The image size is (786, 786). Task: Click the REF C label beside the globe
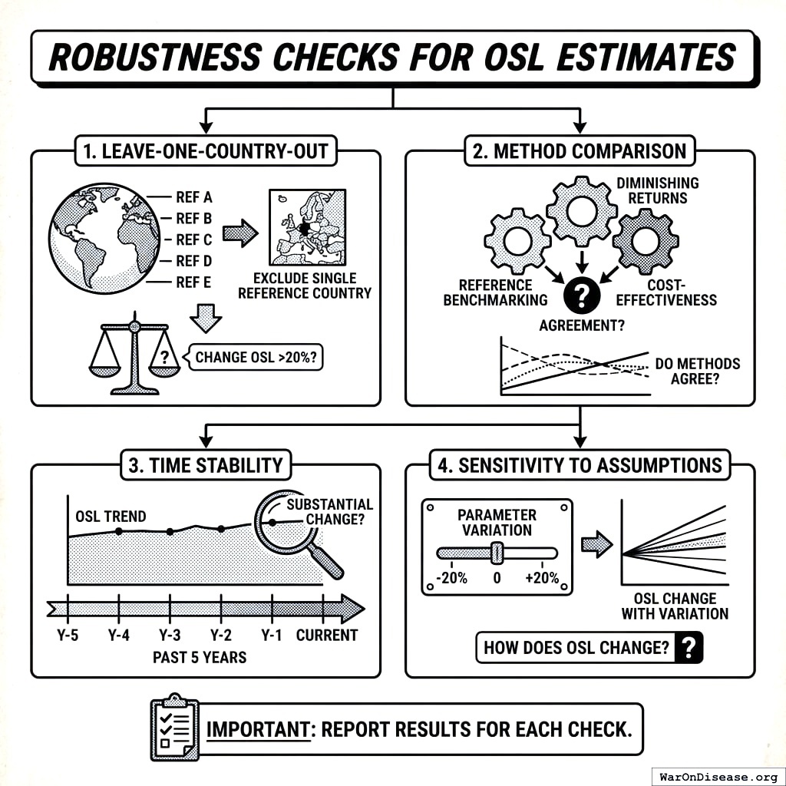click(x=193, y=239)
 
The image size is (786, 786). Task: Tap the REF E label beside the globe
click(x=193, y=282)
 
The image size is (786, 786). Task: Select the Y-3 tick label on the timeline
click(x=170, y=635)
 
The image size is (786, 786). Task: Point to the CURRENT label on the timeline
click(x=327, y=635)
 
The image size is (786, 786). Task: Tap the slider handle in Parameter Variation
click(x=497, y=553)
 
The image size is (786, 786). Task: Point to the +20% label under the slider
click(x=543, y=578)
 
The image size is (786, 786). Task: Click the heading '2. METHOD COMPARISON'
click(x=580, y=150)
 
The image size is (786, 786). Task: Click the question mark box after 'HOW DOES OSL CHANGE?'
click(x=689, y=648)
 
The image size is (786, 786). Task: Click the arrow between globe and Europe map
click(x=239, y=234)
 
